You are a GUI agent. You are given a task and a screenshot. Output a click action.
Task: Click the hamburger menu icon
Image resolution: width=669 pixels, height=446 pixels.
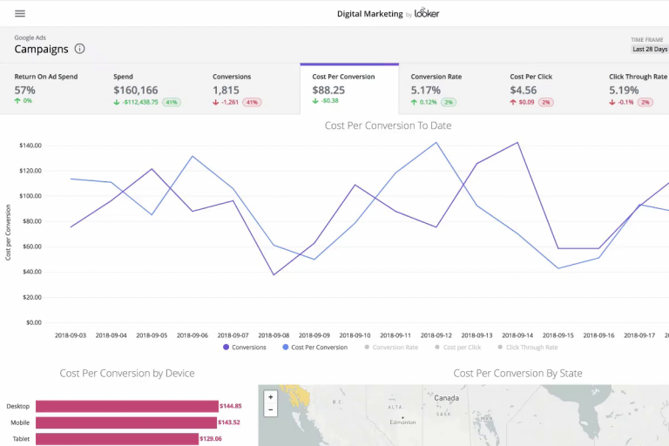coord(20,13)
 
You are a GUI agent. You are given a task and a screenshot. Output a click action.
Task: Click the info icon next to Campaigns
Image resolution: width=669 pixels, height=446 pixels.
coord(80,50)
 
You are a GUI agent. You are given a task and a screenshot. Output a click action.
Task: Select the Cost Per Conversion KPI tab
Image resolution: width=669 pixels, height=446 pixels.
coord(348,89)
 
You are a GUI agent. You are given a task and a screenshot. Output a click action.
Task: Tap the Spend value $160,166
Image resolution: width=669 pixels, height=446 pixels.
coord(136,90)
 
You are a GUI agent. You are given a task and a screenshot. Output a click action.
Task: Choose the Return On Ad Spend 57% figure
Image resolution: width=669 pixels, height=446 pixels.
coord(25,90)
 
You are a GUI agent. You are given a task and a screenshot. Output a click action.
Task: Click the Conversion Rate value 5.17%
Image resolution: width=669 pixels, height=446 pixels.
coord(426,90)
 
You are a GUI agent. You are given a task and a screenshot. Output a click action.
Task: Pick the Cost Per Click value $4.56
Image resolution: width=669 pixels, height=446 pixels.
coord(524,90)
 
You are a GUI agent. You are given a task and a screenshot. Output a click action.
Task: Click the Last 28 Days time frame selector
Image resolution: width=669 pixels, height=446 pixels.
coord(648,50)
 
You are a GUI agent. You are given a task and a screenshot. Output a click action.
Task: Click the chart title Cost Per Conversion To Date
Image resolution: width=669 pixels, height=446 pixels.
coord(388,125)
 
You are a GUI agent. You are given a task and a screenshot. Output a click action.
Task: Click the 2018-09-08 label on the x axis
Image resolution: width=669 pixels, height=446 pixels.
coord(274,334)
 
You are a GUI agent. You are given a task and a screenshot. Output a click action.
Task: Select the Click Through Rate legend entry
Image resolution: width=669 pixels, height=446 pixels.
coord(531,348)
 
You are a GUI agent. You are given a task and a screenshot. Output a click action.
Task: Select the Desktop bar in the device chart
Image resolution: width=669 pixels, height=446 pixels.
coord(126,406)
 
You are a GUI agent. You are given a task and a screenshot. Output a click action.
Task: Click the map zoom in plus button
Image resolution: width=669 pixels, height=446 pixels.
coord(270,397)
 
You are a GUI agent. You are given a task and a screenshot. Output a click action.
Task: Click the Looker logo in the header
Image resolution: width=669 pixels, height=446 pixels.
coord(427,13)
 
